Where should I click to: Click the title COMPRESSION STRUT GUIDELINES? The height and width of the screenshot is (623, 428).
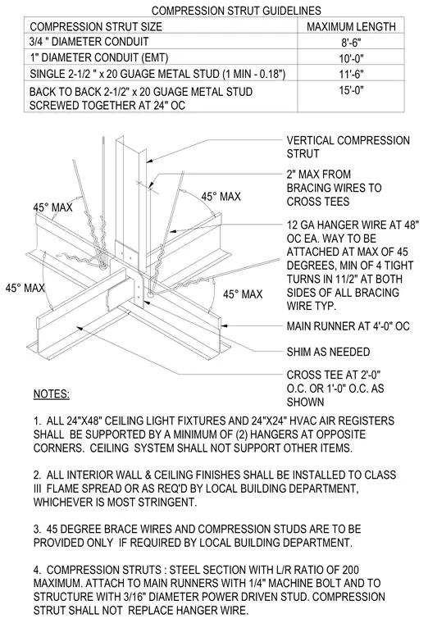coord(236,11)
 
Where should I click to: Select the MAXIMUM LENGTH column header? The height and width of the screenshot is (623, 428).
coord(351,26)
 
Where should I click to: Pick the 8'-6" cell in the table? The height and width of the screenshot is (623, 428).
coord(351,42)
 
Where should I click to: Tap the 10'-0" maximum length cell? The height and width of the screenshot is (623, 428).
coord(351,58)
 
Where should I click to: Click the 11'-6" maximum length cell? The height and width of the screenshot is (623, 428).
coord(351,75)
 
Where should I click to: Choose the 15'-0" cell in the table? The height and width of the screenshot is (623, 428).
coord(351,90)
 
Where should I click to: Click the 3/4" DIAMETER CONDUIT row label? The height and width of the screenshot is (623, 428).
coord(89,42)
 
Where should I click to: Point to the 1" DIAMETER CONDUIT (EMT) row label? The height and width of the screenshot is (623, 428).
coord(99,58)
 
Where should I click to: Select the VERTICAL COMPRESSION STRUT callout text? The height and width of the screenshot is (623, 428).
coord(348,147)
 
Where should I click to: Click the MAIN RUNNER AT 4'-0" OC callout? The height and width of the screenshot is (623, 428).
coord(348,326)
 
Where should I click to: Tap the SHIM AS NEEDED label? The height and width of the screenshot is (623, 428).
coord(328,352)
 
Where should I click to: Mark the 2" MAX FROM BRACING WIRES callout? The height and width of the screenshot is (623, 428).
coord(334,188)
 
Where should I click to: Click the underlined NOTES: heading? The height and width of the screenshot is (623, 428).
coord(52,393)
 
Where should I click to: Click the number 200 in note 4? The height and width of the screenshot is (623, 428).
coord(350,571)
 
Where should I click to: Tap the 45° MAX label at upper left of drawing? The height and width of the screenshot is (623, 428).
coord(52,207)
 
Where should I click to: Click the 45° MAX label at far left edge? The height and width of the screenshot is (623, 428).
coord(25,288)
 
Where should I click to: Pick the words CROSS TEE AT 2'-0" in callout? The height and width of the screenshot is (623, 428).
coord(334,375)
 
